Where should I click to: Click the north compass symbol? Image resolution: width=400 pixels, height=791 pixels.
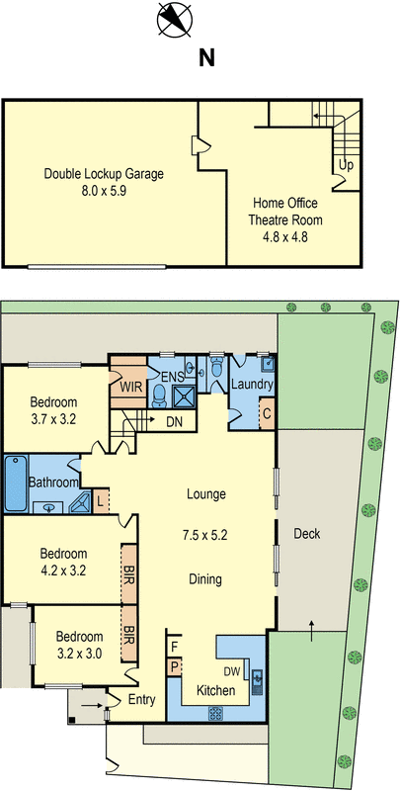click(175, 19)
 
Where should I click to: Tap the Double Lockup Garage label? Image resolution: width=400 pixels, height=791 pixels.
click(104, 174)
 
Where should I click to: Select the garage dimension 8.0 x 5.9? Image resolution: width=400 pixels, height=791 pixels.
click(104, 191)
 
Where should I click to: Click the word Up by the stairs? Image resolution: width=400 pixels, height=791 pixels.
click(346, 165)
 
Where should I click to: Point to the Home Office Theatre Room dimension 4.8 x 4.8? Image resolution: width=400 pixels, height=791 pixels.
click(284, 236)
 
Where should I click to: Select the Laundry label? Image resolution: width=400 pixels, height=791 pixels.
click(252, 385)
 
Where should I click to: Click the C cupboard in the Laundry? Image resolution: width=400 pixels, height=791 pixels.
click(267, 413)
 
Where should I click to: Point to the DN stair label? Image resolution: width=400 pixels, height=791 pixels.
click(174, 421)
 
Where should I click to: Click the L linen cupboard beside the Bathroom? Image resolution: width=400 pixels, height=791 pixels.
click(100, 501)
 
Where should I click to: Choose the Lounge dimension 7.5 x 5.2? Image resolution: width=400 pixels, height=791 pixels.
click(204, 535)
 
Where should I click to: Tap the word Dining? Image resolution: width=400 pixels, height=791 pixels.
click(205, 579)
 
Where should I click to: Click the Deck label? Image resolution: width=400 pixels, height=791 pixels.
click(307, 533)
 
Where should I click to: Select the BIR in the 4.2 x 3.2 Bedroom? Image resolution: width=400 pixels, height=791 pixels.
click(129, 573)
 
